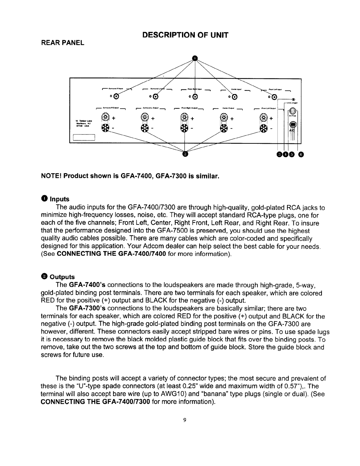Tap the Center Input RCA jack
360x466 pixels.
coord(235,97)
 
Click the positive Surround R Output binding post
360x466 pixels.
coord(105,117)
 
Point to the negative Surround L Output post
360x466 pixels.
coord(145,128)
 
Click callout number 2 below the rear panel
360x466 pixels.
coord(185,154)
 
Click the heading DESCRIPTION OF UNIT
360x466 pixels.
coord(195,35)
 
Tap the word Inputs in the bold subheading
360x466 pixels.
coord(60,199)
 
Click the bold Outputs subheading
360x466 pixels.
coord(63,277)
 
